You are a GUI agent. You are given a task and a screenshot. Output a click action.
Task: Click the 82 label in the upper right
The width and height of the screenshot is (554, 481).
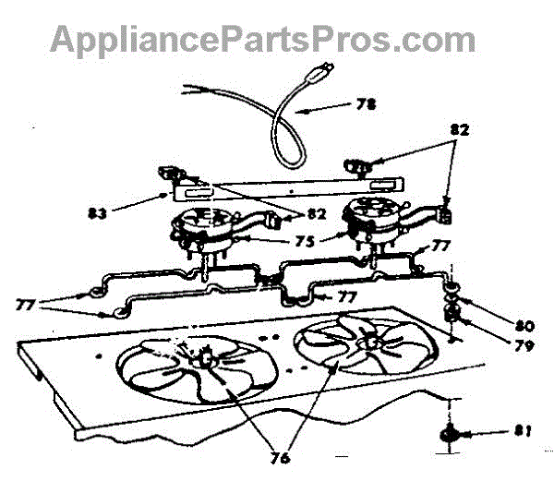click(x=459, y=131)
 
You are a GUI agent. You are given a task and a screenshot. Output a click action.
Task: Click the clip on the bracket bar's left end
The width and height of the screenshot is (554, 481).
click(x=170, y=174)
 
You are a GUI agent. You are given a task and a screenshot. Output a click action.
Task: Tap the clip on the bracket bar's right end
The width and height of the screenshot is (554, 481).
click(x=355, y=166)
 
